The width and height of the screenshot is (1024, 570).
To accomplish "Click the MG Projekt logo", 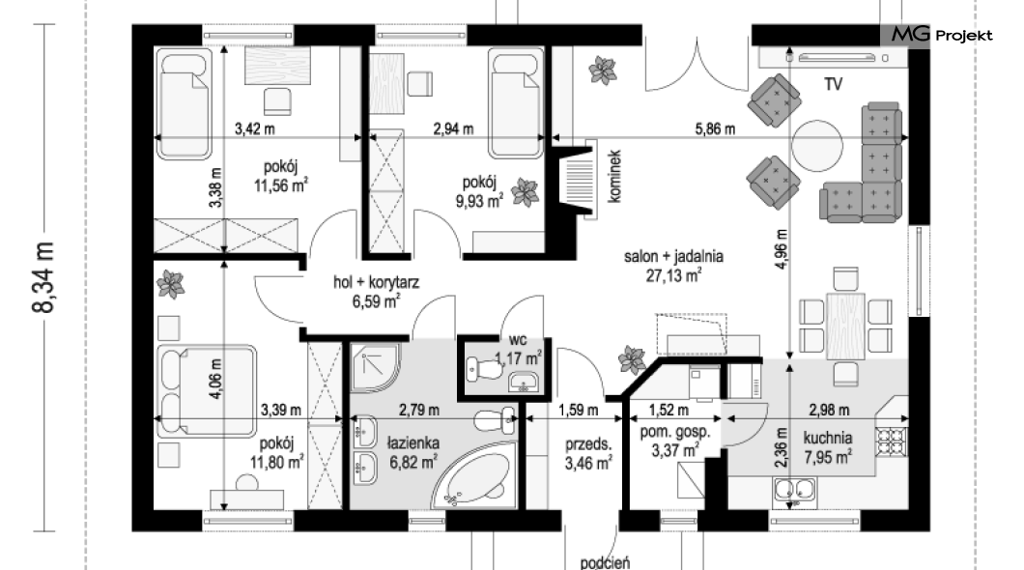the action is [x=941, y=35].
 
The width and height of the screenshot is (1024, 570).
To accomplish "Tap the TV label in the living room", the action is [x=833, y=84].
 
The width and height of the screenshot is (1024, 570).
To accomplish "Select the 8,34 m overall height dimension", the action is [x=45, y=277].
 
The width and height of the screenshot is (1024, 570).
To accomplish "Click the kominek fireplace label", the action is [x=613, y=176].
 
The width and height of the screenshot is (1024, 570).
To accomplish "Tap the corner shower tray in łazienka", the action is [x=374, y=367].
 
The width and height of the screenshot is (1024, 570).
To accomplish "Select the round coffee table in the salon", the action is [x=817, y=144].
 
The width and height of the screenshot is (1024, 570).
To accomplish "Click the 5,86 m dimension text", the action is [x=715, y=129].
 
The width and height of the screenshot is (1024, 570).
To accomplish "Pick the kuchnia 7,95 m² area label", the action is [x=828, y=447].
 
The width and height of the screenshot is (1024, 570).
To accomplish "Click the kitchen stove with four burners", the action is [x=892, y=441].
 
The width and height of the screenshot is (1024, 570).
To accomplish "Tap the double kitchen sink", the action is [x=794, y=490].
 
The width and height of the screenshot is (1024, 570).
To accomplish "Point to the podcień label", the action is [x=606, y=563].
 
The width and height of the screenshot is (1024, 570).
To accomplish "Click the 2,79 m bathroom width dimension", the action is [x=418, y=410].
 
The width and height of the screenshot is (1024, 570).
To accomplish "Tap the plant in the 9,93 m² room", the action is [x=525, y=192].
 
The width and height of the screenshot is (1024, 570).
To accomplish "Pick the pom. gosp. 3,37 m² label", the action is [x=675, y=441].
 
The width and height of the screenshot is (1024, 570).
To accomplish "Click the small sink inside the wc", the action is [x=523, y=382].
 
